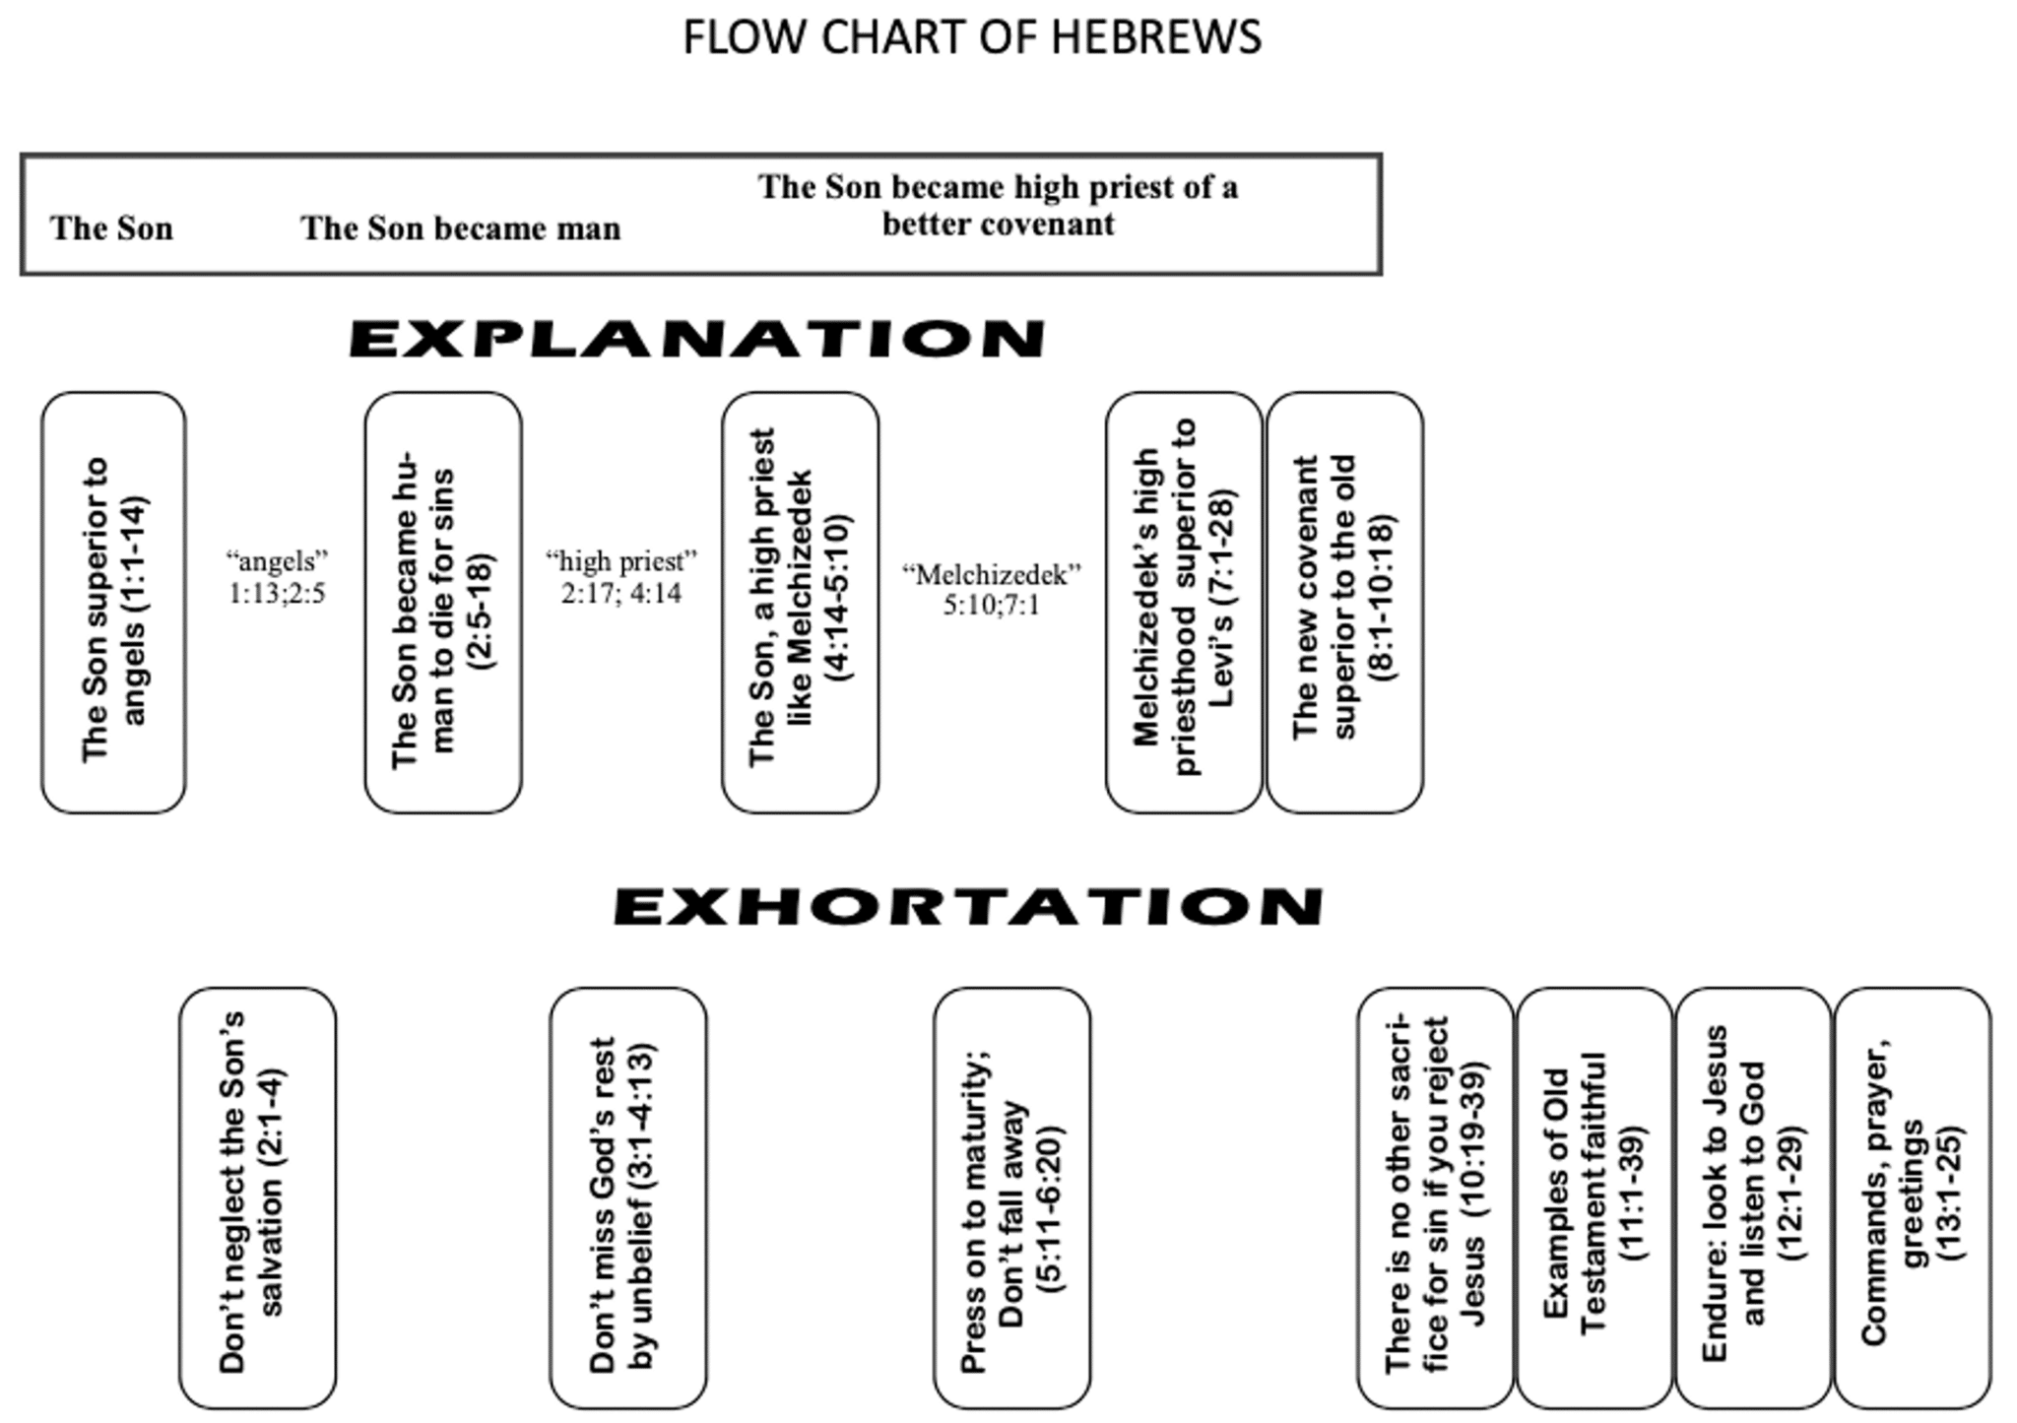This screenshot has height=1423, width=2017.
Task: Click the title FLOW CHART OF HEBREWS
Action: click(x=972, y=37)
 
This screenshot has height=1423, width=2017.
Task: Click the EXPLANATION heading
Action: click(x=696, y=339)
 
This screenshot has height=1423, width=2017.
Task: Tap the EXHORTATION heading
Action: click(x=968, y=907)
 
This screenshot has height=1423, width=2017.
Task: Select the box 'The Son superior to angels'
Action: click(x=113, y=603)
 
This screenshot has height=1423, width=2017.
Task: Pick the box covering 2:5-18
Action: click(x=442, y=603)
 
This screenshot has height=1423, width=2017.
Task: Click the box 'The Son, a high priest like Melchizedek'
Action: click(x=800, y=603)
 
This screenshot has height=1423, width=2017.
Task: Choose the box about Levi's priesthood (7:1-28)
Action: click(x=1183, y=603)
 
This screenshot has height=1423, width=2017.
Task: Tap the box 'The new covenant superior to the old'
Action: click(x=1344, y=603)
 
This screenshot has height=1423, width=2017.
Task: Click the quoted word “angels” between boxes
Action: click(x=277, y=561)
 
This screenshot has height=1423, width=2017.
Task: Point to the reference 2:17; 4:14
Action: click(x=621, y=593)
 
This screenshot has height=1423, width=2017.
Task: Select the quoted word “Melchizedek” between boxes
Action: click(x=992, y=574)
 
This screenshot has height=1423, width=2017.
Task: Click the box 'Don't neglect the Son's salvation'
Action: click(x=257, y=1197)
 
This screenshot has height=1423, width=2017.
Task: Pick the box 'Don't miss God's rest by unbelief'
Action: click(x=627, y=1197)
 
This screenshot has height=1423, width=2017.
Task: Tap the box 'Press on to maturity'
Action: click(x=1011, y=1197)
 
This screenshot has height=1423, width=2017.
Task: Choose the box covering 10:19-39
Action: click(x=1434, y=1197)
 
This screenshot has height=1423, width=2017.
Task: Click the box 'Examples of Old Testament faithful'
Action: click(x=1594, y=1197)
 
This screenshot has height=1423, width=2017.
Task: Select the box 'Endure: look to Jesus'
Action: click(x=1752, y=1197)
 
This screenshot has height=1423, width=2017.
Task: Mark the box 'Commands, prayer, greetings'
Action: click(x=1912, y=1197)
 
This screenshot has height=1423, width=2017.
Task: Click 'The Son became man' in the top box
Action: click(x=460, y=228)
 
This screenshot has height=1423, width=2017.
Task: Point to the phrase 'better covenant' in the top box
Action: click(x=998, y=225)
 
